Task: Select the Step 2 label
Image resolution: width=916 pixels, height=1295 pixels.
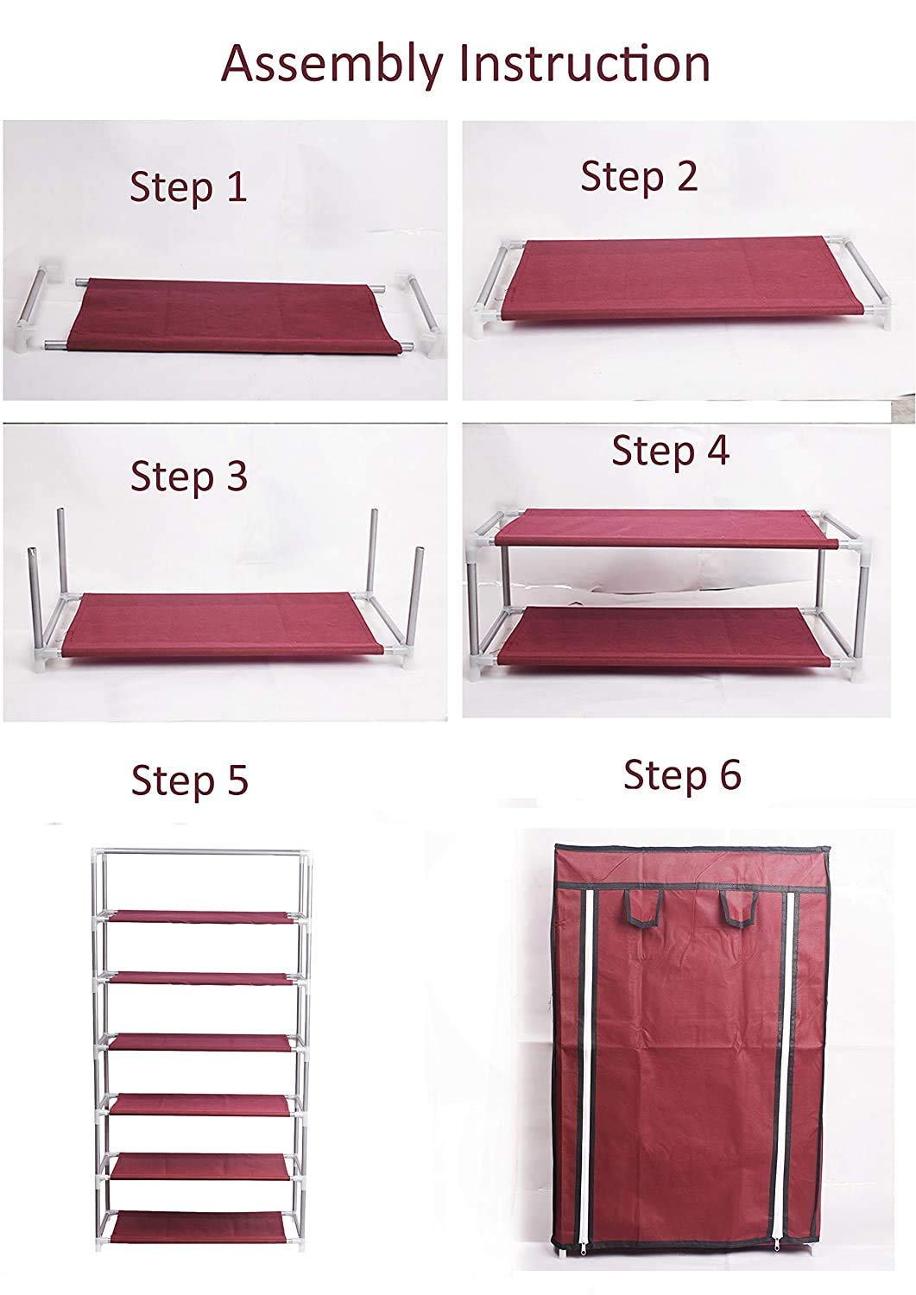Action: click(639, 177)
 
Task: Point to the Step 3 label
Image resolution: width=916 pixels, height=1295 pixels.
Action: click(189, 477)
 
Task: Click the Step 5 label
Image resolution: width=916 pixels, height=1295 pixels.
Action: click(190, 781)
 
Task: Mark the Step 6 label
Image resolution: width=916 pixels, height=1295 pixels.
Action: click(682, 775)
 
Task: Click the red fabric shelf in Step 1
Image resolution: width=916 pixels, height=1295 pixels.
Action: click(234, 317)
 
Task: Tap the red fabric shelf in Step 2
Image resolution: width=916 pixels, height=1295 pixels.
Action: click(668, 280)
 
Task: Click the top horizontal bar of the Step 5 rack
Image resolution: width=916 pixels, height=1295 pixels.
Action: click(200, 852)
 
